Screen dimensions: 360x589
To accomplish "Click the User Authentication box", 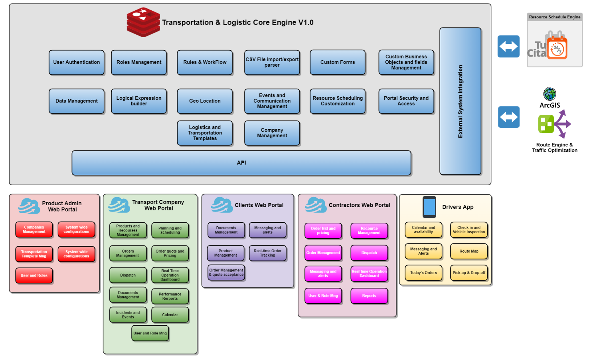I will [77, 62].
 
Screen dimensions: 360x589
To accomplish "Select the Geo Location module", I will [205, 101].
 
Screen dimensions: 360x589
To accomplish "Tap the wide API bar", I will [241, 163].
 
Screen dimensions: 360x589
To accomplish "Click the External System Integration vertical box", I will [460, 101].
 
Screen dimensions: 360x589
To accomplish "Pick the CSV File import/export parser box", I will [272, 62].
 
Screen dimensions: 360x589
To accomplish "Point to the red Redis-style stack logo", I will [143, 22].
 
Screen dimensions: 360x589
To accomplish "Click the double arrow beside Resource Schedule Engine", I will [508, 46].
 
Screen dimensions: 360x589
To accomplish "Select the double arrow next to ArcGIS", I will [508, 117].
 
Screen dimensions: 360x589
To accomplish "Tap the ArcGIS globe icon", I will [549, 94].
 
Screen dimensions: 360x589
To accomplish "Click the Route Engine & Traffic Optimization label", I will [554, 148].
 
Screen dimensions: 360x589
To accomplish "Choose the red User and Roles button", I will [34, 275].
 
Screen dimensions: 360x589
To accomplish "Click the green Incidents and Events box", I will [128, 315].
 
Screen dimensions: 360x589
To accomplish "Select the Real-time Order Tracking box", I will [267, 253].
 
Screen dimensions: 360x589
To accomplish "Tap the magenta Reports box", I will [369, 296].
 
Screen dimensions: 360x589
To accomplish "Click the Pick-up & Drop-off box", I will [469, 273].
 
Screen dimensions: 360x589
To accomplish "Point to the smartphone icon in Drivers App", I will [429, 207].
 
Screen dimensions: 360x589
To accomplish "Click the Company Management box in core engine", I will [272, 133].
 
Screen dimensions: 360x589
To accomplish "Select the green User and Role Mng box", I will [150, 333].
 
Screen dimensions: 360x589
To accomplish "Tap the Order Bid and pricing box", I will [323, 230].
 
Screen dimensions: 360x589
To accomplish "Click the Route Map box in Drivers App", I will [469, 251].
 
